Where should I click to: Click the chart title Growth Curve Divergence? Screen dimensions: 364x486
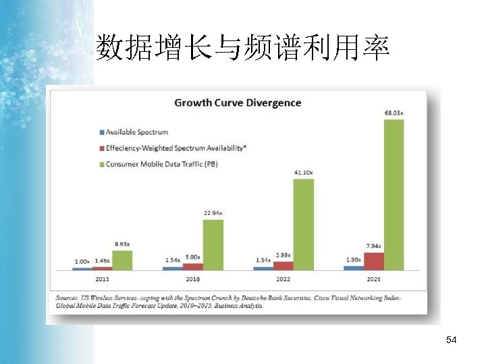point(238,103)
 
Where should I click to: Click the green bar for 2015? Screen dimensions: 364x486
point(122,260)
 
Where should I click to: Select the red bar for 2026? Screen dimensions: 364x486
point(373,261)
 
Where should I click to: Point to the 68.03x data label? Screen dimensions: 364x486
point(394,113)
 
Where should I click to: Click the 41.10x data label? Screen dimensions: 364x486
point(303,173)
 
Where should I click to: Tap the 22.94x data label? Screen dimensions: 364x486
point(213,214)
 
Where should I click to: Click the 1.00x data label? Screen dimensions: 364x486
point(82,261)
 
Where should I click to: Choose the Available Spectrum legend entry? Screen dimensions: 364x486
point(137,132)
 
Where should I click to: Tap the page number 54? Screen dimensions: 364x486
point(452,341)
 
